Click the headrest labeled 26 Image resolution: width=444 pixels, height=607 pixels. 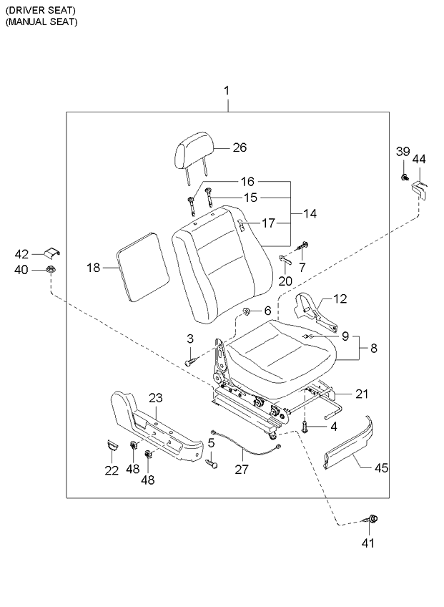[193, 152]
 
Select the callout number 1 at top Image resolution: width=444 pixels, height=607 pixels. [227, 91]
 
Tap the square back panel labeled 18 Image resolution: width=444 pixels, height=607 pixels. [143, 266]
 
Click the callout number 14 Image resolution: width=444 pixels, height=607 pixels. [310, 213]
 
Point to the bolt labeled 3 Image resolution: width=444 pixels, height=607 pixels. [190, 362]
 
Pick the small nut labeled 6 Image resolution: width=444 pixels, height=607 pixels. [247, 311]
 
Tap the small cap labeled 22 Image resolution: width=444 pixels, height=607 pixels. [111, 445]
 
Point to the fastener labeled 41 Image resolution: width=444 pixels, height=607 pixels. [373, 519]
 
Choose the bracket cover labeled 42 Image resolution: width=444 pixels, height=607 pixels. [50, 253]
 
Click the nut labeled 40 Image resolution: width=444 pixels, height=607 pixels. [50, 270]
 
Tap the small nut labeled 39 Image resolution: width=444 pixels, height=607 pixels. [405, 176]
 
